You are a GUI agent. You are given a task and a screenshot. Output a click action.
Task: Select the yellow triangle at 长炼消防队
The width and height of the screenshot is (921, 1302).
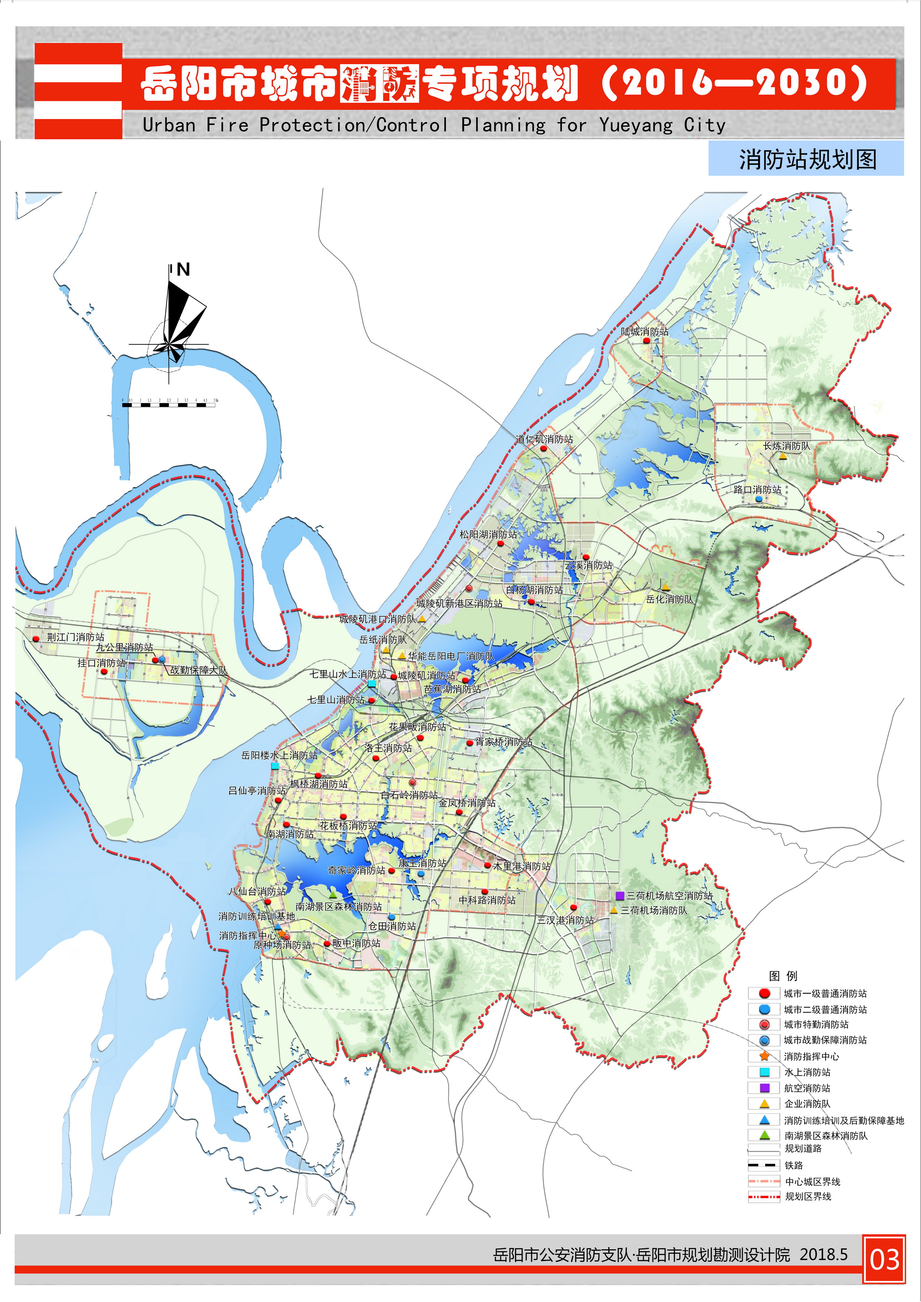point(783,456)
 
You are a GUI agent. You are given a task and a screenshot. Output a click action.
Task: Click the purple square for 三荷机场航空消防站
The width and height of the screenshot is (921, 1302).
point(620,895)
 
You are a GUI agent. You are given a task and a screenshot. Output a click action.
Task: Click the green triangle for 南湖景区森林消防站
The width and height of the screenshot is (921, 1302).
point(333,894)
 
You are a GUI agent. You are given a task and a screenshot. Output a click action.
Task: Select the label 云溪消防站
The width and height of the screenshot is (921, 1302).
point(588,565)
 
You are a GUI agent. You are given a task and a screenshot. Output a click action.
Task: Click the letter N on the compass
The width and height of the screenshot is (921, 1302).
point(183,270)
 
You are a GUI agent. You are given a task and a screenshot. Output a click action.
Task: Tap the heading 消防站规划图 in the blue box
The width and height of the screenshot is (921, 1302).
point(807,159)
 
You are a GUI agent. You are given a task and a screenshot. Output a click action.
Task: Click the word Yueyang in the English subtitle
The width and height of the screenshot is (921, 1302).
point(635,125)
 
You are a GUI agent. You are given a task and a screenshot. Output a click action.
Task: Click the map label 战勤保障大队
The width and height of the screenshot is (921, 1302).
point(198,670)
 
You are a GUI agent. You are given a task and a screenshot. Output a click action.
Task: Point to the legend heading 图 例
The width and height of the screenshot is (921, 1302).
point(783,976)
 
